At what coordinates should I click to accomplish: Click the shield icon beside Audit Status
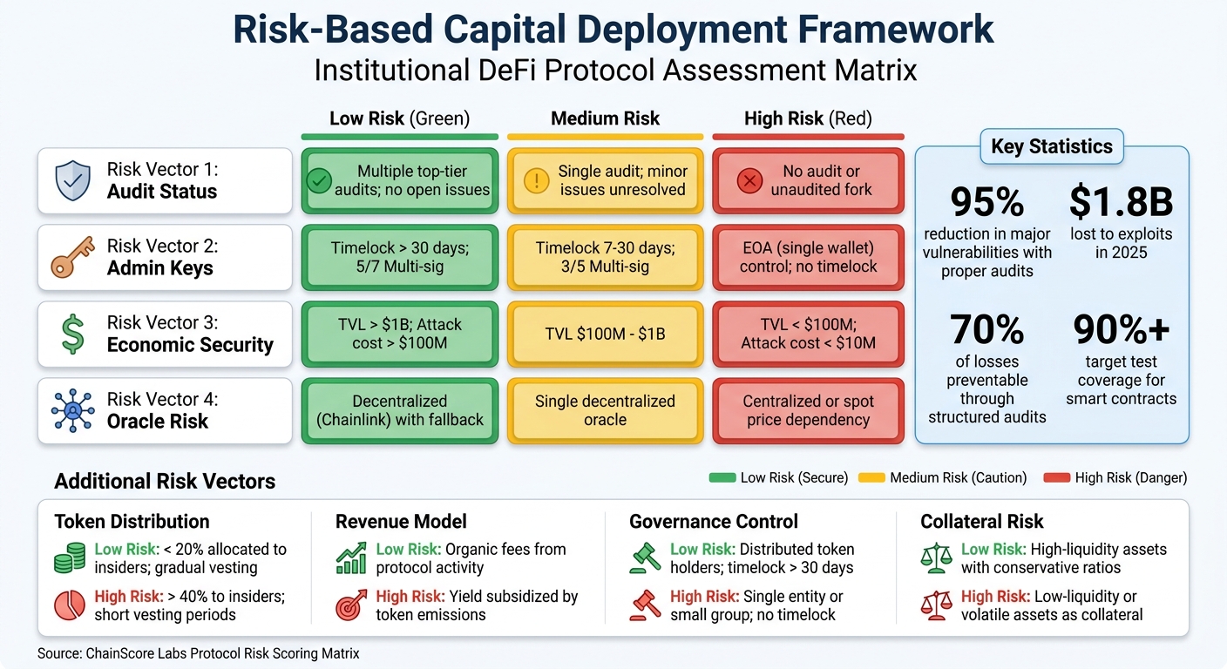pyautogui.click(x=71, y=180)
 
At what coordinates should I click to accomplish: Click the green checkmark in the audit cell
pyautogui.click(x=320, y=180)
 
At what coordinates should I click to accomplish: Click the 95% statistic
pyautogui.click(x=986, y=202)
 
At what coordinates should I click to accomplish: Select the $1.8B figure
pyautogui.click(x=1121, y=202)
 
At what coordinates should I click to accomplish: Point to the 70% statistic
pyautogui.click(x=986, y=330)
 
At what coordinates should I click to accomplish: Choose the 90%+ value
pyautogui.click(x=1121, y=330)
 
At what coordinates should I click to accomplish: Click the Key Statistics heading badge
pyautogui.click(x=1051, y=146)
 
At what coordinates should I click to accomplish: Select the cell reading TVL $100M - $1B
pyautogui.click(x=605, y=334)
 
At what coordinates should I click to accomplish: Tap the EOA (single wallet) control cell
pyautogui.click(x=808, y=258)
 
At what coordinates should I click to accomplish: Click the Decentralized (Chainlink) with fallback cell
pyautogui.click(x=400, y=410)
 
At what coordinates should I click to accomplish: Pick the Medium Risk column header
pyautogui.click(x=605, y=118)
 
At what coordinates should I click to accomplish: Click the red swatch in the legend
pyautogui.click(x=1061, y=477)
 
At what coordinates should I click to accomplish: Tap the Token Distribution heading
pyautogui.click(x=132, y=522)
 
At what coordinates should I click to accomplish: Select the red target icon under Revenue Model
pyautogui.click(x=351, y=605)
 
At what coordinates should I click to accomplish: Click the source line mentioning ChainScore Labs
pyautogui.click(x=198, y=653)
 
